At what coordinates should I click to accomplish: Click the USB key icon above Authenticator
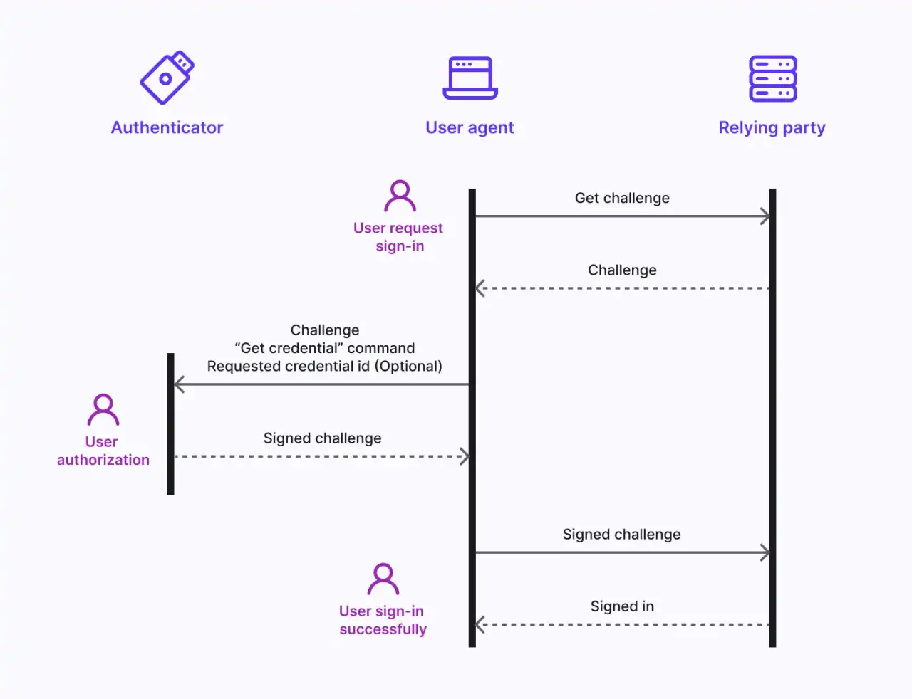coord(167,78)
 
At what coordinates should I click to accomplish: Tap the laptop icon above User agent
coord(470,78)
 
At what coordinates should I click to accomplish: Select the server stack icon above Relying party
coord(772,78)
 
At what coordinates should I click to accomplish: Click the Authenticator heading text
coord(167,127)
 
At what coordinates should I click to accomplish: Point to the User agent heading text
coord(470,127)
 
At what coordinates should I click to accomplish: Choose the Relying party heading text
coord(772,127)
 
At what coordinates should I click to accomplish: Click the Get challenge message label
coord(622,198)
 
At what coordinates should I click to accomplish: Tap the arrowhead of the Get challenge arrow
coord(765,216)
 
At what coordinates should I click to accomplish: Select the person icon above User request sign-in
coord(400,196)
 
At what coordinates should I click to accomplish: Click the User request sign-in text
coord(398,237)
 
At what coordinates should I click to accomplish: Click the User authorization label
coord(103,451)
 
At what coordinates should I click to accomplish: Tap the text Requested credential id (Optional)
coord(324,366)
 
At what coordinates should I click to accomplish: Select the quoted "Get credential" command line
coord(324,348)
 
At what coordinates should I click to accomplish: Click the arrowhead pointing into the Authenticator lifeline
coord(180,384)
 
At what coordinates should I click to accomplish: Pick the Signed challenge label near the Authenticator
coord(322,438)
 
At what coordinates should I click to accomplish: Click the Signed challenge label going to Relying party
coord(621,535)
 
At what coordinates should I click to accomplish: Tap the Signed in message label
coord(622,606)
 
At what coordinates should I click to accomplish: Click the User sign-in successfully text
coord(383,620)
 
